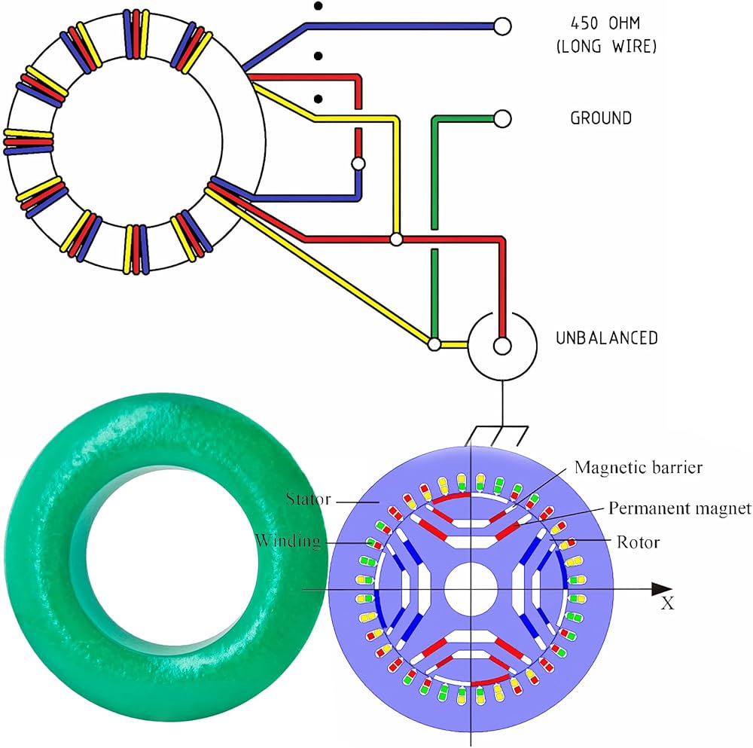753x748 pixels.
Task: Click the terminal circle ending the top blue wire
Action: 502,26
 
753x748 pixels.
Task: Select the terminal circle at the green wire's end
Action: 502,118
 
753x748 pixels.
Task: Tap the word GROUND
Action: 600,118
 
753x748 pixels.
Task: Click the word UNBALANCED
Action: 607,338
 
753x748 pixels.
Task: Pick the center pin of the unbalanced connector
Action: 502,346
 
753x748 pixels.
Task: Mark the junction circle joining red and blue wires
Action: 358,163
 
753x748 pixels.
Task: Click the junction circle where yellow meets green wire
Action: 434,344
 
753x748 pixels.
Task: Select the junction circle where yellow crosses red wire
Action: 396,240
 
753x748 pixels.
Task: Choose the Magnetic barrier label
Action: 638,468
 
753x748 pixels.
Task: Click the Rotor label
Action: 639,541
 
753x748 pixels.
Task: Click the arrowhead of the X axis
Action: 662,589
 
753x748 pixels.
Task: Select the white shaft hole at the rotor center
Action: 470,589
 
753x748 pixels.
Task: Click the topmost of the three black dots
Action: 319,7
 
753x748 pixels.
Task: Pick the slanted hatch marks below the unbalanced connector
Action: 497,435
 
